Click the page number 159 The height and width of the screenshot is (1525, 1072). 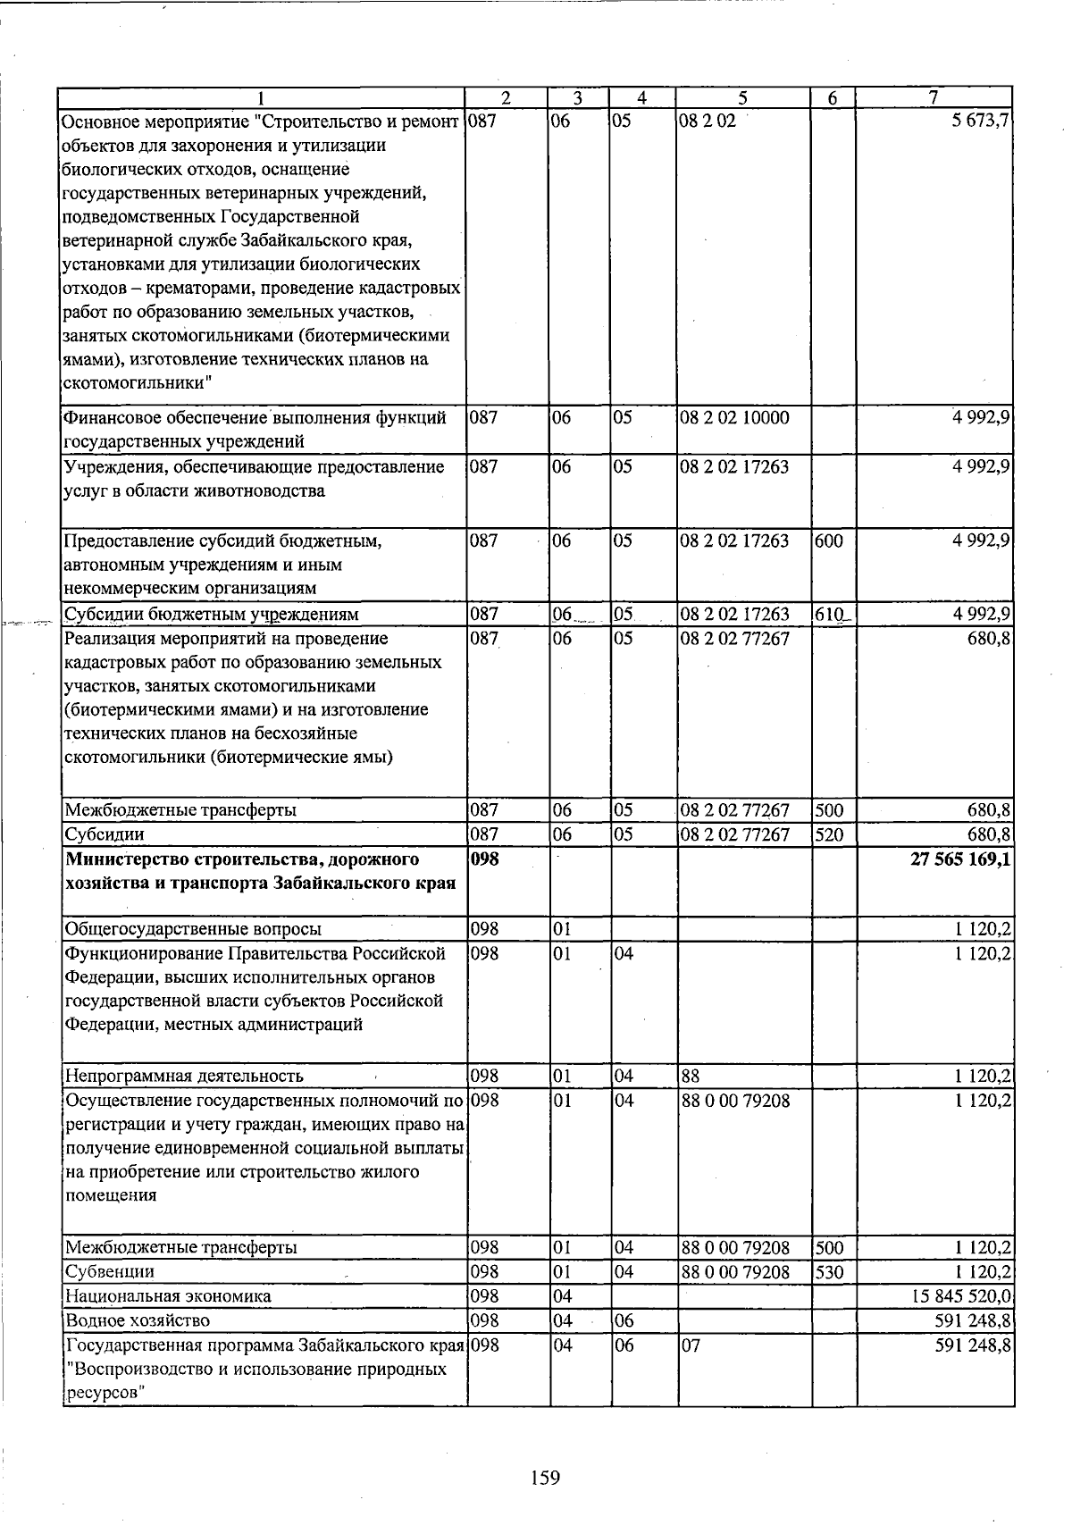(x=544, y=1478)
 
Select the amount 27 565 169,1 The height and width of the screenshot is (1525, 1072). (x=960, y=859)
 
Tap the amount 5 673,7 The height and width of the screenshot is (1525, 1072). (x=981, y=121)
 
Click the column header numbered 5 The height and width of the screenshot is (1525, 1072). (x=743, y=98)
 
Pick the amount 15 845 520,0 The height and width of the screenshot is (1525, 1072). (x=960, y=1295)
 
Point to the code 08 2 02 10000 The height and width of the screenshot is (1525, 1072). (x=735, y=417)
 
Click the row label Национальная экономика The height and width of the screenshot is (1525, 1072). (x=168, y=1295)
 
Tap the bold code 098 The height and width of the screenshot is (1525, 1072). (x=484, y=859)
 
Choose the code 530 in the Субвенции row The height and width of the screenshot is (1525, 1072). (x=829, y=1271)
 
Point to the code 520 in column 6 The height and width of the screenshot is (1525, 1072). (x=829, y=834)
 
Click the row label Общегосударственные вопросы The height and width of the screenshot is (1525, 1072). (x=193, y=929)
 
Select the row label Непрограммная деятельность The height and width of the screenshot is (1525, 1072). (x=184, y=1076)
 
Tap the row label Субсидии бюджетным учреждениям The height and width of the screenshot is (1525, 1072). (x=212, y=614)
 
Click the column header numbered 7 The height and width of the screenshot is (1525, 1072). (x=934, y=98)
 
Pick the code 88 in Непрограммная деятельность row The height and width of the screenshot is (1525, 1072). (x=691, y=1076)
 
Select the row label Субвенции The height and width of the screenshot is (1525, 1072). (x=110, y=1271)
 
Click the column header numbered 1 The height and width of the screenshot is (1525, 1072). (x=262, y=98)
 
